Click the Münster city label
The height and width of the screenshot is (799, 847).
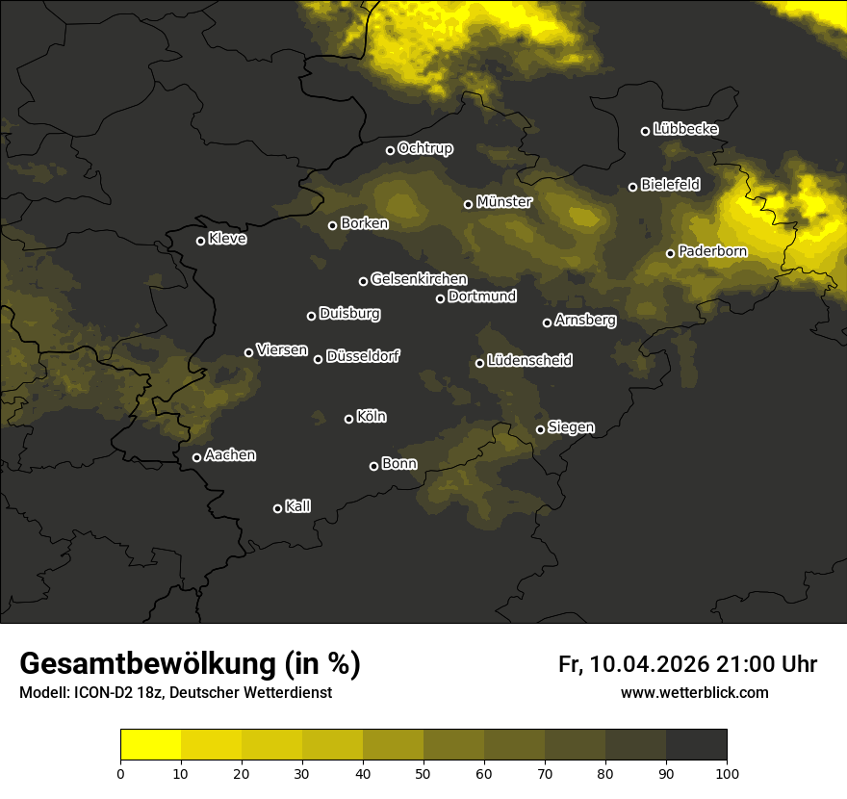[x=503, y=202]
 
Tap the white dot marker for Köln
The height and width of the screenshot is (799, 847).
[x=348, y=419]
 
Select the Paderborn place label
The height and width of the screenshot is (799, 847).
[x=712, y=251]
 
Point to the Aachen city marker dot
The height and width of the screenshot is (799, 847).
[x=196, y=457]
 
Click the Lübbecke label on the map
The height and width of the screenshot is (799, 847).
[x=685, y=129]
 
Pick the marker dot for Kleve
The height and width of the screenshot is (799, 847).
[x=200, y=241]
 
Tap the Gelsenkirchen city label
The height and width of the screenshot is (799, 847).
[x=419, y=279]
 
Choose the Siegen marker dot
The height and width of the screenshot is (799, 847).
[x=540, y=429]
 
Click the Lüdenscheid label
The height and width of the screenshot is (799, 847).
[x=529, y=361]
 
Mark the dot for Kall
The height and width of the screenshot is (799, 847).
[x=277, y=508]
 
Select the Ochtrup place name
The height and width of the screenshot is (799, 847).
[x=424, y=148]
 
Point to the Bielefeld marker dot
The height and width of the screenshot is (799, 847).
[x=632, y=187]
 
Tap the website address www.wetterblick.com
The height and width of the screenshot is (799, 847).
[x=694, y=692]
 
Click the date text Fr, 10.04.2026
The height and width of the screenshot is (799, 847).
[x=633, y=664]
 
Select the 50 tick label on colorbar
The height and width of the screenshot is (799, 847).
[x=423, y=772]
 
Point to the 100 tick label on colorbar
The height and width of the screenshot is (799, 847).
[x=727, y=772]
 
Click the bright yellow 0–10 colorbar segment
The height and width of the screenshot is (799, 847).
[x=151, y=744]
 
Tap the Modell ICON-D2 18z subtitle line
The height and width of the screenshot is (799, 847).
[x=175, y=692]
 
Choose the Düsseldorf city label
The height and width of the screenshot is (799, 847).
[x=362, y=356]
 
